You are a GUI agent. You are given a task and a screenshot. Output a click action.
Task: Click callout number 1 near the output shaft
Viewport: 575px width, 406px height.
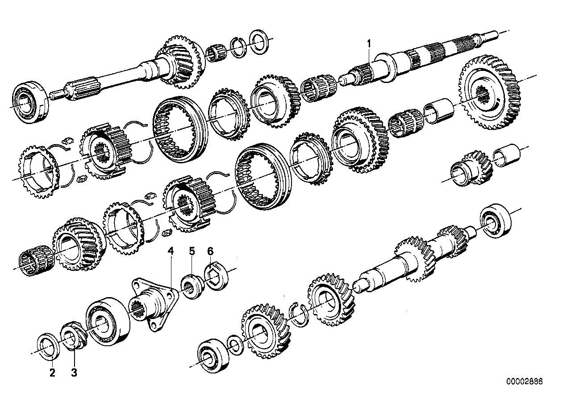(369, 44)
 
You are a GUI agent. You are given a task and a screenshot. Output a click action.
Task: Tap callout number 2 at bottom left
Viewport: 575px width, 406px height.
(52, 373)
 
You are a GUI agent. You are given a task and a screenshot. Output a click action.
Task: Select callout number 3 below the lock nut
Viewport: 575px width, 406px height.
(74, 373)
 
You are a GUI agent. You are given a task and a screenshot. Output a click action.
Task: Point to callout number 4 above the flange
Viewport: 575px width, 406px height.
(171, 251)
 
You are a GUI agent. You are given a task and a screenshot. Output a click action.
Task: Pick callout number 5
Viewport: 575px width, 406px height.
(192, 251)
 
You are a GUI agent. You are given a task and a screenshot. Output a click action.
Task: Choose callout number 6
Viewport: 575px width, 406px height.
(210, 251)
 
